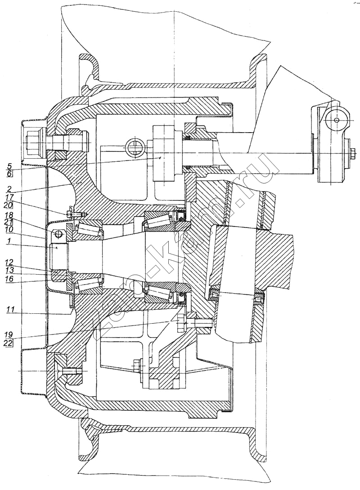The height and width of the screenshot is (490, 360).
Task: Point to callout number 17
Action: pyautogui.click(x=9, y=197)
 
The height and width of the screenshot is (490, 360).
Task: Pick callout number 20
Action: pyautogui.click(x=9, y=205)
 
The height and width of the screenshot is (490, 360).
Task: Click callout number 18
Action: pyautogui.click(x=9, y=215)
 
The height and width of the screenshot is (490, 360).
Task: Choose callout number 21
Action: pyautogui.click(x=9, y=223)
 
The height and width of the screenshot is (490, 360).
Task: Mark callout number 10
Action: pyautogui.click(x=9, y=230)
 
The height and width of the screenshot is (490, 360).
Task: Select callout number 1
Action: pyautogui.click(x=9, y=242)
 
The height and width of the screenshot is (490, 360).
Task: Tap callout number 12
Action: pyautogui.click(x=9, y=262)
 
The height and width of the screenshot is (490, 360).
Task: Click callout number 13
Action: pyautogui.click(x=9, y=270)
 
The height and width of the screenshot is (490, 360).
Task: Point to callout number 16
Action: pyautogui.click(x=9, y=279)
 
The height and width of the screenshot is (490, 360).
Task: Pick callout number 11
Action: pyautogui.click(x=9, y=309)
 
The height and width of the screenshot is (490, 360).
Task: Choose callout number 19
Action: pyautogui.click(x=9, y=335)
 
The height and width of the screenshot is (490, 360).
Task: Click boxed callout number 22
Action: pyautogui.click(x=9, y=343)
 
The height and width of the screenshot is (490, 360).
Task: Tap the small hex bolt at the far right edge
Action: pyautogui.click(x=352, y=153)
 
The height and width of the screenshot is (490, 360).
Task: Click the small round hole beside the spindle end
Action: pyautogui.click(x=57, y=234)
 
